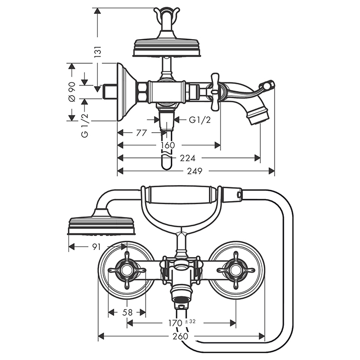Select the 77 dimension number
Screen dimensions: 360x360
(x=142, y=133)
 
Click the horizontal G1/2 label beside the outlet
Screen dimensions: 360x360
(x=199, y=120)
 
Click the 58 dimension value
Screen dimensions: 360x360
(x=127, y=312)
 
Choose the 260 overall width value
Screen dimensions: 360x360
(x=180, y=336)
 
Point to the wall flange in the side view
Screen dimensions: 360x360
(x=125, y=92)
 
